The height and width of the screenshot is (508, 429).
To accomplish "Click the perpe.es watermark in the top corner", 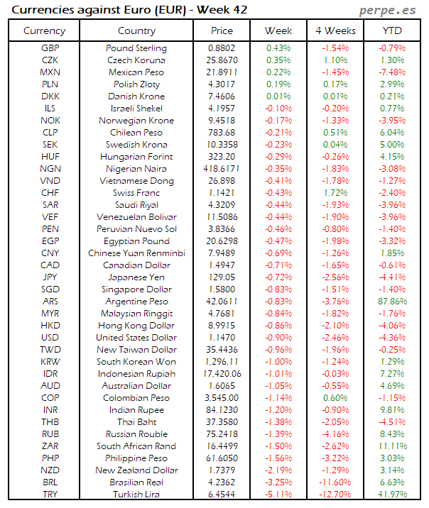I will pyautogui.click(x=389, y=10).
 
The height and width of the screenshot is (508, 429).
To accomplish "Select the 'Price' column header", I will pyautogui.click(x=222, y=31).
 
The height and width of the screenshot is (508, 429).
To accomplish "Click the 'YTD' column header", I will pyautogui.click(x=393, y=31).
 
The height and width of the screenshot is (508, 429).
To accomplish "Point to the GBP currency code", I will pyautogui.click(x=50, y=48).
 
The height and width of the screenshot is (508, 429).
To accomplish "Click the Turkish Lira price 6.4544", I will pyautogui.click(x=222, y=495).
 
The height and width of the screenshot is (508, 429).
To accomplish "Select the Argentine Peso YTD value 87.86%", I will pyautogui.click(x=393, y=302).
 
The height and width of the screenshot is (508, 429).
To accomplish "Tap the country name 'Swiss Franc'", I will pyautogui.click(x=136, y=193).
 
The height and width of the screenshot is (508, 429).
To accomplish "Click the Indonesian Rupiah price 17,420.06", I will pyautogui.click(x=222, y=374).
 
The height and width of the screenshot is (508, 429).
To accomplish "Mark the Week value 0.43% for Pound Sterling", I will pyautogui.click(x=278, y=48).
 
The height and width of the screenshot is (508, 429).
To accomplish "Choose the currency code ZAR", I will pyautogui.click(x=50, y=446).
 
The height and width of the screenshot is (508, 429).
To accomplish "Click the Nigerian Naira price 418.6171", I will pyautogui.click(x=222, y=169).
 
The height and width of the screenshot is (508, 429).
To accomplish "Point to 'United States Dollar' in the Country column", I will pyautogui.click(x=136, y=338).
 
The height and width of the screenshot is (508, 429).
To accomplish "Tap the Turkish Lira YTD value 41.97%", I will pyautogui.click(x=393, y=495).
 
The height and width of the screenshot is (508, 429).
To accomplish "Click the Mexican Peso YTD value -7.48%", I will pyautogui.click(x=393, y=72).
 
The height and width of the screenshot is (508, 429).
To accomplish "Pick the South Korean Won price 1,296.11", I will pyautogui.click(x=222, y=362).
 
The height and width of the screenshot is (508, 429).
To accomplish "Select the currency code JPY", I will pyautogui.click(x=50, y=277).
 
